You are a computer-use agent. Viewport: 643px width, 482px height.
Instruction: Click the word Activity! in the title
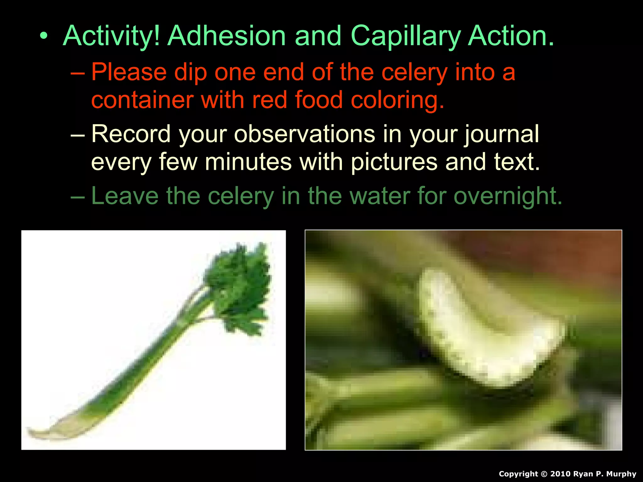(111, 36)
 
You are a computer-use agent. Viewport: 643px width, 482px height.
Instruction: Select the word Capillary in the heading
(405, 36)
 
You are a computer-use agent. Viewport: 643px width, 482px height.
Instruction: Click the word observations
(304, 134)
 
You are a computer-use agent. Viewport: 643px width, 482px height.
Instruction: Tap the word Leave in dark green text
(125, 196)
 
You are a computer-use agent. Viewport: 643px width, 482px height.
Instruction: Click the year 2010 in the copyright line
(561, 474)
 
